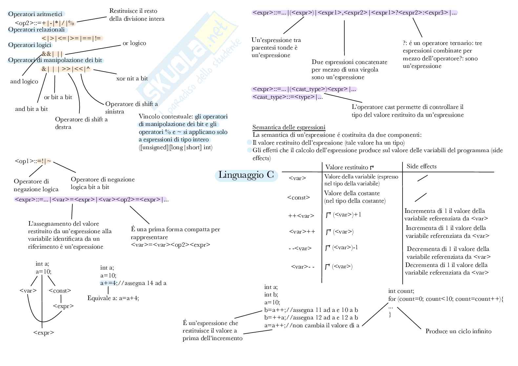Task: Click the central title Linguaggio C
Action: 246,175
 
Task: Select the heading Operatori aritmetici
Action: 35,14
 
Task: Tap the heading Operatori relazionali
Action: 36,30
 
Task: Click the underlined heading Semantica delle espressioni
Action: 289,127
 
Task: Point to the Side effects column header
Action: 421,166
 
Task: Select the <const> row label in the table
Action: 299,197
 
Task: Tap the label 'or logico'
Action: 134,43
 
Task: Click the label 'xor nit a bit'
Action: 132,78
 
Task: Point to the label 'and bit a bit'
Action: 31,109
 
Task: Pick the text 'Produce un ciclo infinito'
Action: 458,331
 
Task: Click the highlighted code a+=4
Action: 108,283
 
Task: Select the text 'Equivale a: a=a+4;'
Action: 113,298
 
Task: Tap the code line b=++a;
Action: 275,317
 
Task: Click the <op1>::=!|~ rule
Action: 33,161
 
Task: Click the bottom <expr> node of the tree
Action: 44,333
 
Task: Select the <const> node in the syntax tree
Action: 60,291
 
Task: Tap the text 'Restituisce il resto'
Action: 133,11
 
